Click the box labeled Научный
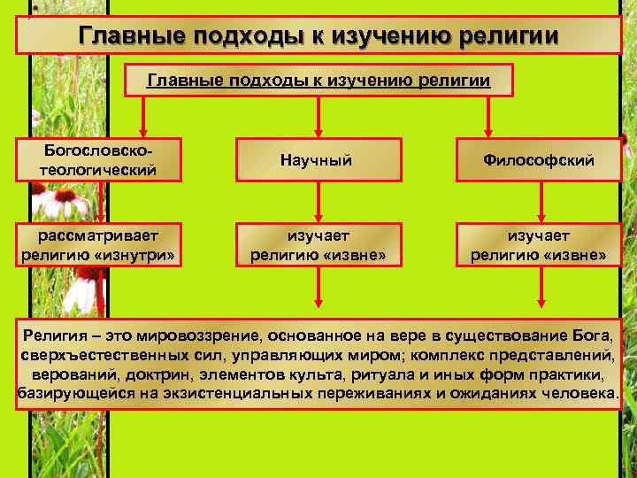316,160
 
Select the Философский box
539,160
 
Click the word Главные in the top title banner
127,36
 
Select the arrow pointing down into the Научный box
318,118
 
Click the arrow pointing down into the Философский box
489,118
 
